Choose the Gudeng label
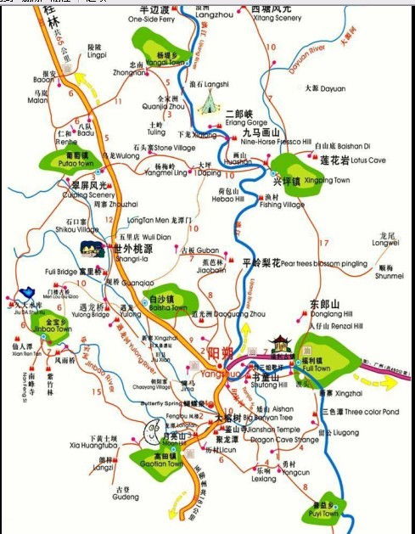coord(126,498)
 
